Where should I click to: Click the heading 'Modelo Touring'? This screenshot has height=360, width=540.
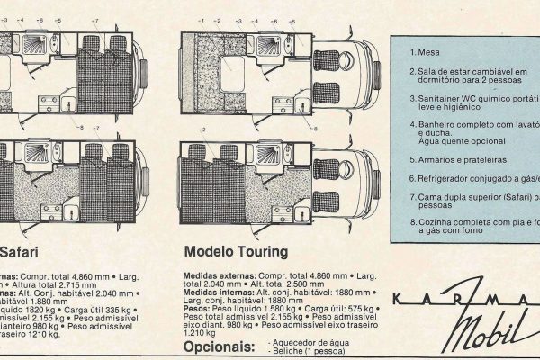(236, 252)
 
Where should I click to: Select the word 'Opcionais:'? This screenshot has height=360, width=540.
(217, 346)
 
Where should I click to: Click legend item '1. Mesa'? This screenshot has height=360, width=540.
(430, 52)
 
